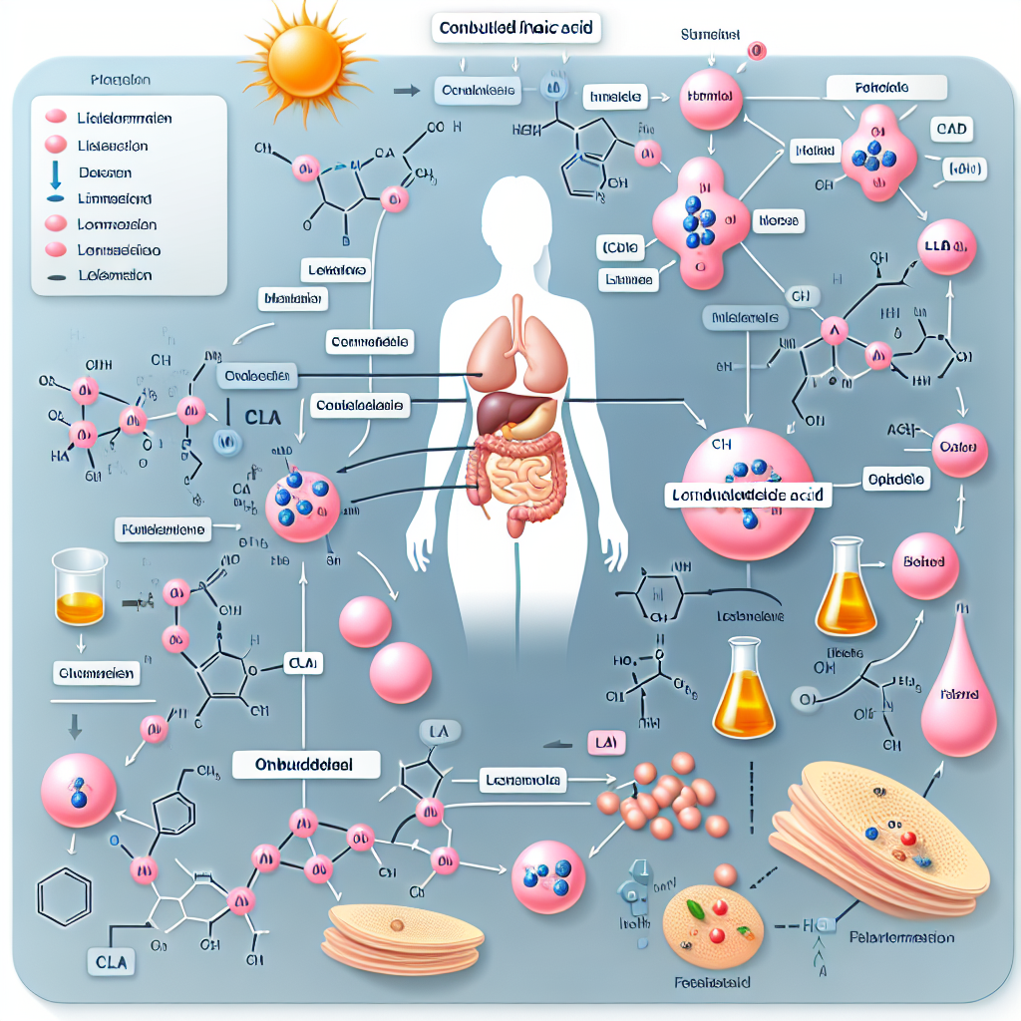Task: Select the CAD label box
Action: coord(952,131)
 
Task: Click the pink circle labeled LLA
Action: coord(946,247)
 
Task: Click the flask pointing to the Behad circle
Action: coord(846,588)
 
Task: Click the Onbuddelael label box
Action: coord(306,765)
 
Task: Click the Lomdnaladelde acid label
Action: coord(748,494)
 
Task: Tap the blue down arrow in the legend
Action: coord(55,175)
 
